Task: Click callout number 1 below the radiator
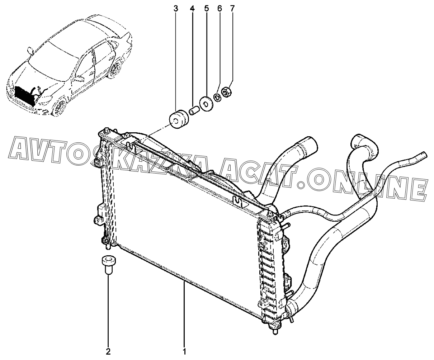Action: click(184, 350)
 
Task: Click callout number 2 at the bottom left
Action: click(108, 350)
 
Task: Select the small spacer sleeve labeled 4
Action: click(194, 109)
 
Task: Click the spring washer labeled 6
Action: click(217, 96)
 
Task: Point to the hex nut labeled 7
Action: click(227, 92)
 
